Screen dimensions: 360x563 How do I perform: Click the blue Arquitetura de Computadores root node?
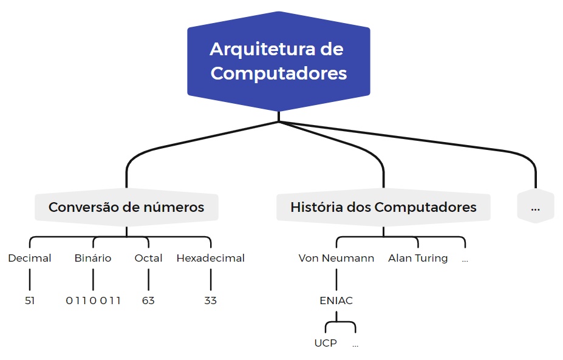tap(278, 61)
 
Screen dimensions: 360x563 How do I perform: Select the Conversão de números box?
tap(126, 207)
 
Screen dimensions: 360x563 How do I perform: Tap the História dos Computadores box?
tap(383, 207)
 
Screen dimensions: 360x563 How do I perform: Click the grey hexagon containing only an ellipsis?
tap(535, 207)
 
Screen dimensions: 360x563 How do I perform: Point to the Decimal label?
tap(30, 258)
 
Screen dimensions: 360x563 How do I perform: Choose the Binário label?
tap(93, 258)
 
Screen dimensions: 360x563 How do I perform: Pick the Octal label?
tap(148, 258)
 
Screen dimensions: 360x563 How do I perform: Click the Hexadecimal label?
tap(210, 258)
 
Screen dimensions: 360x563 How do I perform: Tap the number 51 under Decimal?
tap(30, 301)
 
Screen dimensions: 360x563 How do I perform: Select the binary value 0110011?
tap(93, 301)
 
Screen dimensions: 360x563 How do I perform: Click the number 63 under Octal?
tap(148, 301)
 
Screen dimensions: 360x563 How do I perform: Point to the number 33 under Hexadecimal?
tap(210, 301)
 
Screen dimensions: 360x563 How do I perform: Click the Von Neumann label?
tap(336, 258)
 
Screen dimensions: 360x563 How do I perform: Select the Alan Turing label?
tap(418, 258)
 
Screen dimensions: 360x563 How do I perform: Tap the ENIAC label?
tap(336, 301)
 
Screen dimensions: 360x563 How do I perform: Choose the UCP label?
tap(326, 343)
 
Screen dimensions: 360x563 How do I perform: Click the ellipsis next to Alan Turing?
tap(465, 259)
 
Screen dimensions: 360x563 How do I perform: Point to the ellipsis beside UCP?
tap(355, 345)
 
